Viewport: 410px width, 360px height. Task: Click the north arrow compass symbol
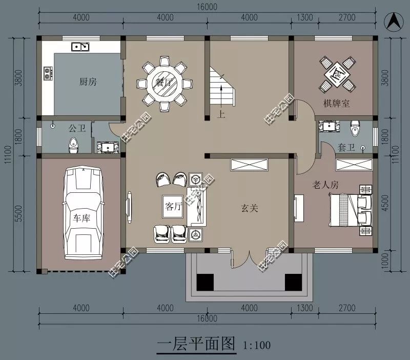click(x=394, y=22)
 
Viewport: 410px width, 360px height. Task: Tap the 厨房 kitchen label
click(x=88, y=82)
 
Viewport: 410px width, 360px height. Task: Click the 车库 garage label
click(x=81, y=218)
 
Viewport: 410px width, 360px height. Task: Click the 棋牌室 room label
click(x=336, y=104)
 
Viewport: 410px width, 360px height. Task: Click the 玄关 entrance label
click(x=250, y=209)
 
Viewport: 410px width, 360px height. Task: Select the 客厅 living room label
click(x=173, y=207)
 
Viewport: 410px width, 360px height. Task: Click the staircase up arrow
click(x=221, y=93)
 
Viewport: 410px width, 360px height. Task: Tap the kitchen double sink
click(x=80, y=47)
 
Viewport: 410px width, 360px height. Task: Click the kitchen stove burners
click(x=48, y=73)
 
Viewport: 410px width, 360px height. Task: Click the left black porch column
click(x=205, y=282)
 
